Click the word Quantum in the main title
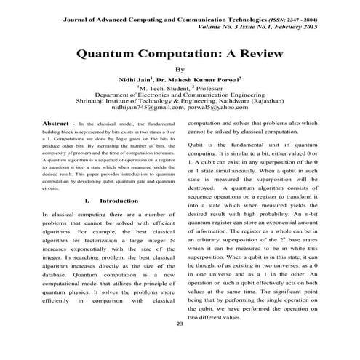click(x=110, y=54)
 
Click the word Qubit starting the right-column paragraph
click(x=197, y=145)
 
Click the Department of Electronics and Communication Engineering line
click(x=181, y=94)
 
